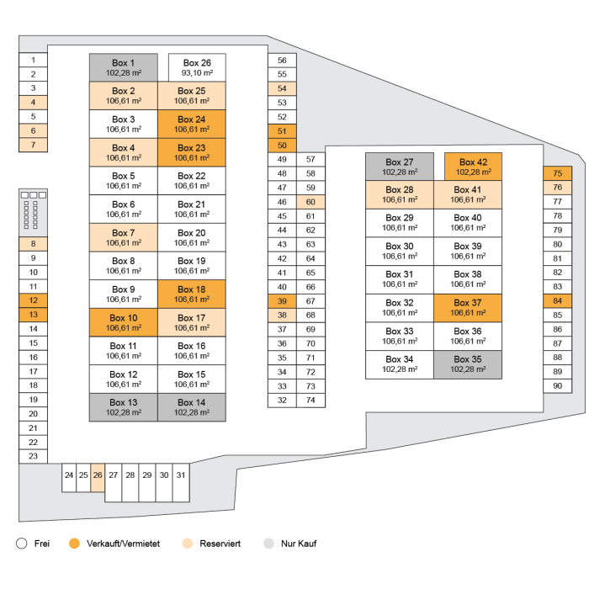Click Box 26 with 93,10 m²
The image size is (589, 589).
coord(197,67)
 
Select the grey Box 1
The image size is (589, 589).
coord(123,67)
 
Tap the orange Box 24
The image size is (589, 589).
coord(191,125)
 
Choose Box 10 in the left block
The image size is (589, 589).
coord(123,322)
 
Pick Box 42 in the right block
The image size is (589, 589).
coord(473,167)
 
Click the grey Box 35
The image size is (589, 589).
coord(467,364)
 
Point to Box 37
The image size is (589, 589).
coord(467,308)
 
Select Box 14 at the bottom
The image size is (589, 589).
coord(191,407)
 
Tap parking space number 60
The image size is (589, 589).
coord(310,202)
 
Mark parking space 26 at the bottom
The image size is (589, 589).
coord(98,475)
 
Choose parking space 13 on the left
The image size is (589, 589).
coord(33,315)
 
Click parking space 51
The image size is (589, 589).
coord(282,131)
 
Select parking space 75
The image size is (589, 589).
coord(557,173)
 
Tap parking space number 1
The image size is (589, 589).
coord(33,60)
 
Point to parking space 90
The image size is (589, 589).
coord(557,385)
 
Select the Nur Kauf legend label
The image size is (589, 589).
coord(299,544)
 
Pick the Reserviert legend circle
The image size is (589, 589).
coord(187,544)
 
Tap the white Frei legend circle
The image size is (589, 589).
coord(22,544)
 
